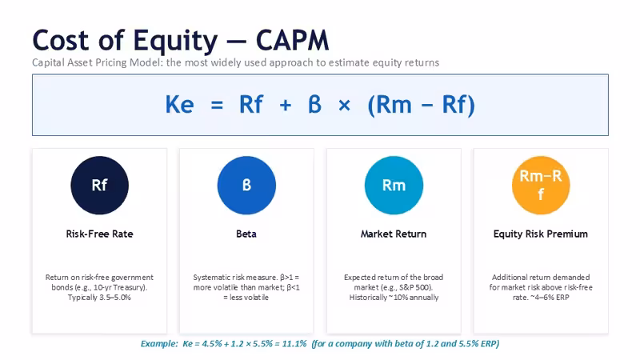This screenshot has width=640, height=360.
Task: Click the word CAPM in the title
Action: (x=292, y=41)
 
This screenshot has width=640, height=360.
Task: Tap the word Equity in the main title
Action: (x=175, y=42)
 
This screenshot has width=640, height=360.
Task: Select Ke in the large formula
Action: (x=179, y=105)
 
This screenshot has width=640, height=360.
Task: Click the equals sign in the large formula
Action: (x=217, y=106)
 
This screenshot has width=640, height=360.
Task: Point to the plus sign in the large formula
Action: (x=286, y=106)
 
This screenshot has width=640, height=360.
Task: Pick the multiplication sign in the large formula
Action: (x=344, y=106)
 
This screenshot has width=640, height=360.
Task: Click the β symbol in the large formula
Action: (x=314, y=104)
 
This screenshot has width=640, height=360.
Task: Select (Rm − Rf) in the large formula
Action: (x=422, y=105)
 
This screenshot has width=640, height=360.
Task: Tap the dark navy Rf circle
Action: (x=99, y=186)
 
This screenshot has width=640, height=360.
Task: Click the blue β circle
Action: (x=246, y=186)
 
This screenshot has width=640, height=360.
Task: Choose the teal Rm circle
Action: (x=394, y=186)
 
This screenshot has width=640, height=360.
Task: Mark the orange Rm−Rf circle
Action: (x=541, y=186)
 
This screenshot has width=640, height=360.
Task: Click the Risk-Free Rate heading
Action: (x=99, y=234)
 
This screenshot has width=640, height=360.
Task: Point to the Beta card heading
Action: (x=246, y=234)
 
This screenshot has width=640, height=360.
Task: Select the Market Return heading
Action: (x=394, y=234)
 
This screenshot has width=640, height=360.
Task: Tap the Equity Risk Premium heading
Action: (x=541, y=234)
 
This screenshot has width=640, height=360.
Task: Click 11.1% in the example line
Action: (x=294, y=344)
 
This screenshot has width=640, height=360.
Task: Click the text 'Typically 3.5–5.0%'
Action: (x=99, y=298)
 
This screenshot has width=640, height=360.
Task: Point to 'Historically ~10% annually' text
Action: (x=394, y=298)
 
